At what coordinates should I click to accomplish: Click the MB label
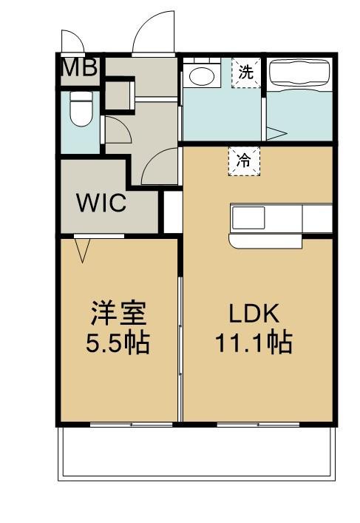(x=80, y=68)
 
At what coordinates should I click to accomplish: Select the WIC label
(x=103, y=202)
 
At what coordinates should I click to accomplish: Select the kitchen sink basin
(x=249, y=218)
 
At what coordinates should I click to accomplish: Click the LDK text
(x=253, y=314)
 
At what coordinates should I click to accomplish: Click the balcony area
(x=196, y=451)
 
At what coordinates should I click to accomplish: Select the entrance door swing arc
(x=151, y=33)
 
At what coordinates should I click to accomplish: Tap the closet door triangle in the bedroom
(x=84, y=251)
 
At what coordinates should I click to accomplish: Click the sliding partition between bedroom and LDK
(x=180, y=333)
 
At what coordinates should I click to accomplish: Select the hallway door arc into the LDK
(x=159, y=167)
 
